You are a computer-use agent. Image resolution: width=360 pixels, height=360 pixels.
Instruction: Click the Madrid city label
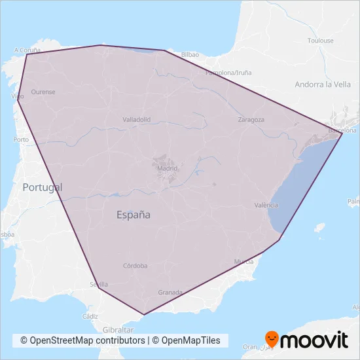[168, 168]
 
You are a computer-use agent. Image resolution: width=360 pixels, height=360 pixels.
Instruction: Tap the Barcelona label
[342, 130]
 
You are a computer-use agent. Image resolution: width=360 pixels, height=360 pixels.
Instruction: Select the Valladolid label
[137, 120]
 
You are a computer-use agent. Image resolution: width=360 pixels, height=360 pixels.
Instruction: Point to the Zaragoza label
[251, 120]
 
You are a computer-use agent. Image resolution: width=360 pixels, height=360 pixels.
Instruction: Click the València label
[266, 205]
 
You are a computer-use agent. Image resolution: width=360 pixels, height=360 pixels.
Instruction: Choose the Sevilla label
[99, 284]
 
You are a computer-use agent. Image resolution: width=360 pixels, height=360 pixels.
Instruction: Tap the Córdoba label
[135, 266]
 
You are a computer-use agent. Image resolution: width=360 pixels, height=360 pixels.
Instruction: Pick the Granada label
[170, 293]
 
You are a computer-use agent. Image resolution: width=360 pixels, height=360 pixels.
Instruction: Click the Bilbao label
[190, 54]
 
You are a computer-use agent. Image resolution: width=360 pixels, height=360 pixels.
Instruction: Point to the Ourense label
[43, 92]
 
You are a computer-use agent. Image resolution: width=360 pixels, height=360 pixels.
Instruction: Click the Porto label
[20, 139]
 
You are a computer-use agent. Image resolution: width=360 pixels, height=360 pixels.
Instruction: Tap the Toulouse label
[321, 41]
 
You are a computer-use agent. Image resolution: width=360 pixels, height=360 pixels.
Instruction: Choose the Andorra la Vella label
[323, 84]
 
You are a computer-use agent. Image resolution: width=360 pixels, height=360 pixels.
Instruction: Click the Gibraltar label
[118, 330]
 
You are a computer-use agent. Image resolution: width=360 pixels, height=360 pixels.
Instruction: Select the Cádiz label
[90, 315]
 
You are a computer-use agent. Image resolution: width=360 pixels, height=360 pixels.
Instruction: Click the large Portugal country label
[43, 187]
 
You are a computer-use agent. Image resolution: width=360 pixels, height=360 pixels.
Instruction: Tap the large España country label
[134, 214]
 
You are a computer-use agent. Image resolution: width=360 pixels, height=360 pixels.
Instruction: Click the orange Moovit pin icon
[271, 339]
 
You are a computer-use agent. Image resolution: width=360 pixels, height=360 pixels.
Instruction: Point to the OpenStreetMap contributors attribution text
[82, 340]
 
